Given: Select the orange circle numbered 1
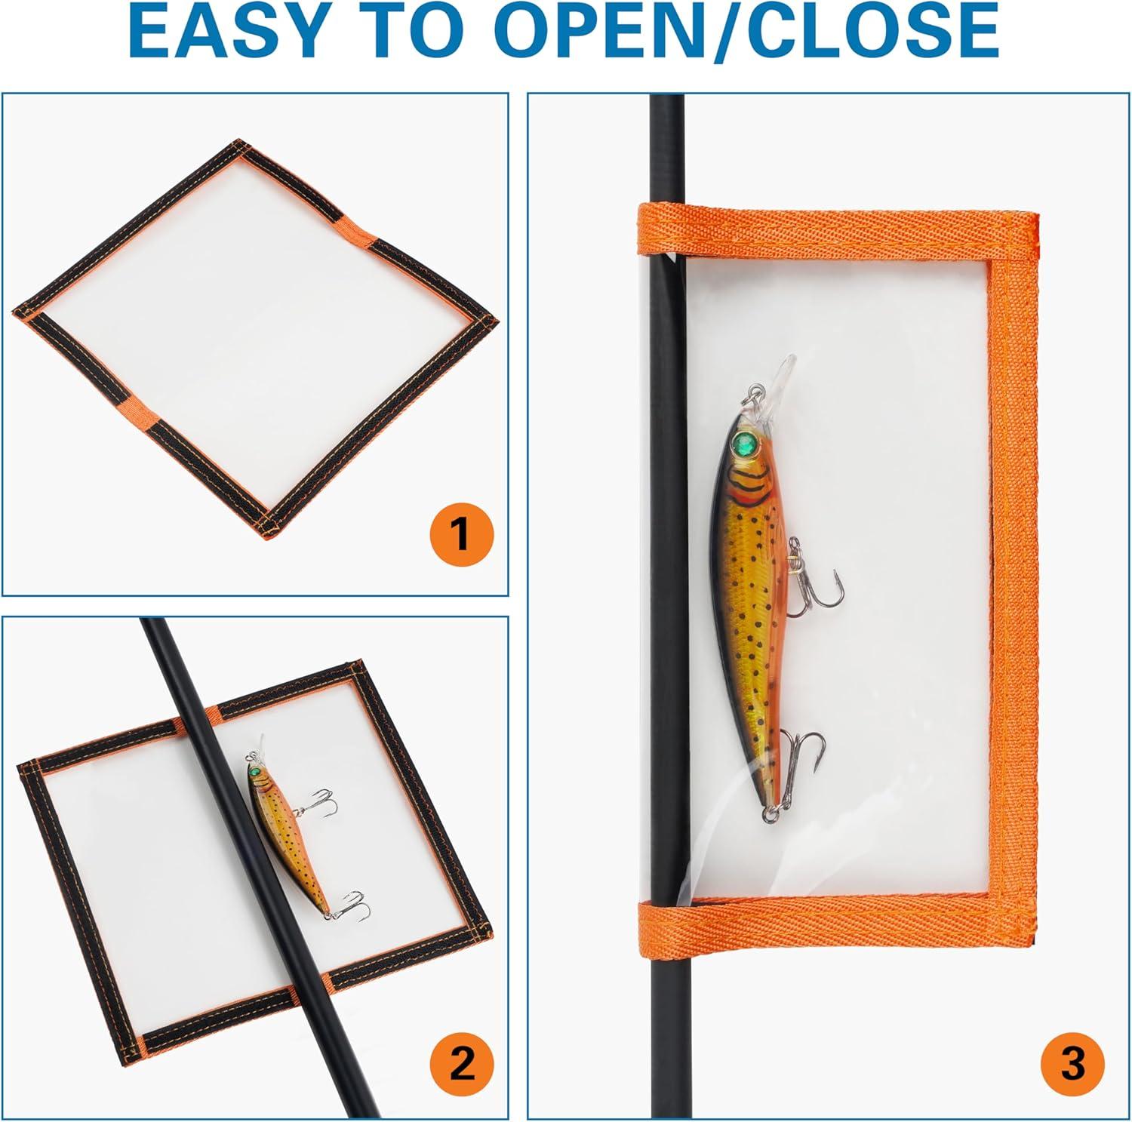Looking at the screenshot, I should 461,533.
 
